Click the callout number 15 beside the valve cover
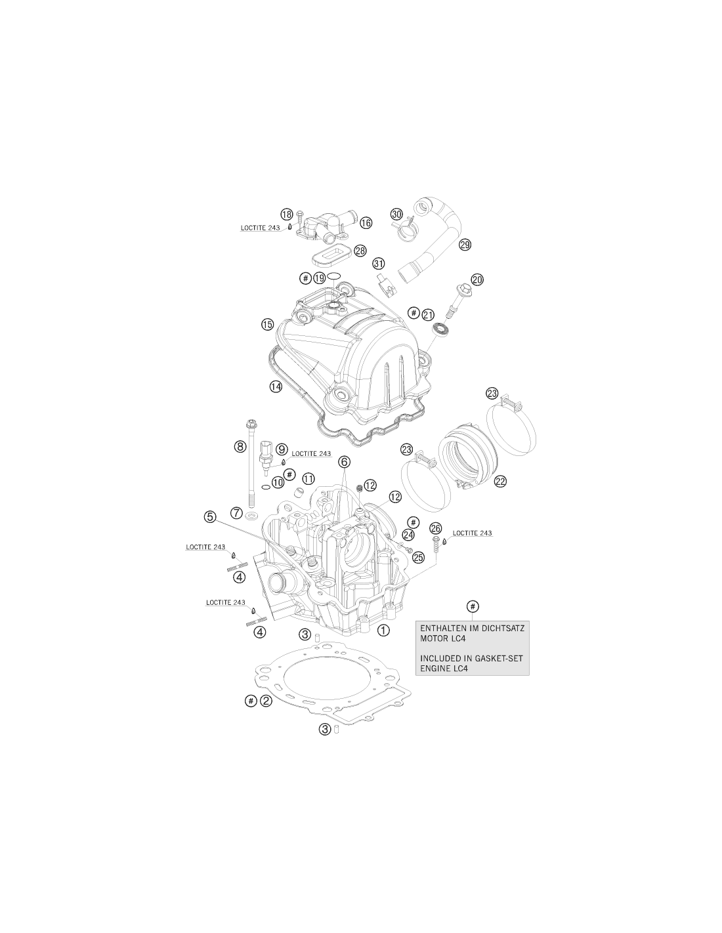click(267, 325)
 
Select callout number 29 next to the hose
click(465, 245)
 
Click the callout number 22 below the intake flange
click(500, 482)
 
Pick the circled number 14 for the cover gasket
click(276, 386)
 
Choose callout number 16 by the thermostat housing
click(366, 222)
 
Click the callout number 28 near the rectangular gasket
click(360, 251)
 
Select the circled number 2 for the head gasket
click(266, 701)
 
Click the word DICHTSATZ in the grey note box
click(503, 628)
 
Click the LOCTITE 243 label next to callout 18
click(261, 228)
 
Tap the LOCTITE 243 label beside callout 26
click(472, 533)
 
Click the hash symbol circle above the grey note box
click(473, 606)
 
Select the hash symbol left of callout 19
click(305, 278)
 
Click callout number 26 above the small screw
click(436, 528)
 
